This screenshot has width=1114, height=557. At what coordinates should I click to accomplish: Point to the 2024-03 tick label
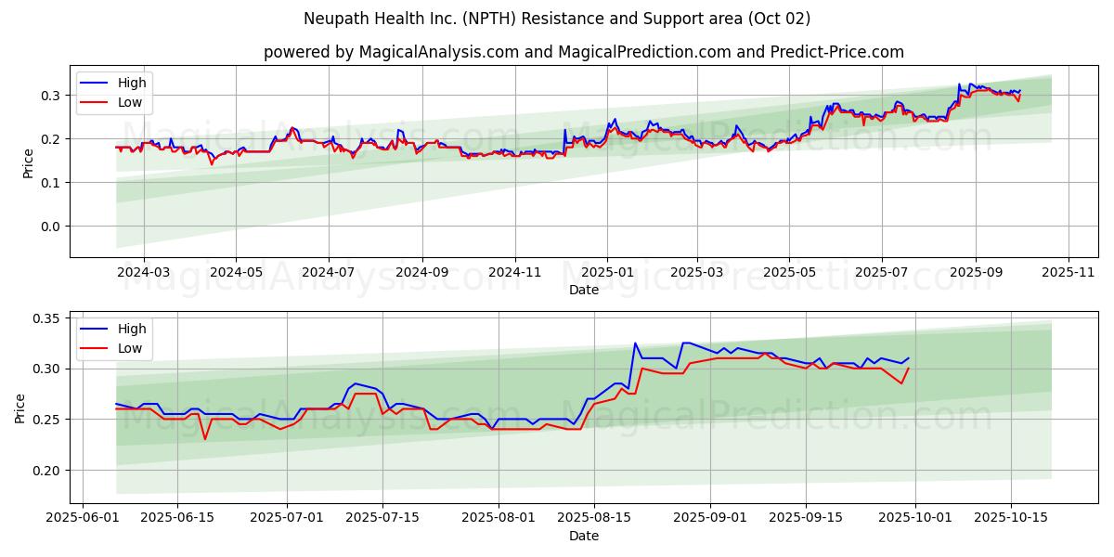(144, 273)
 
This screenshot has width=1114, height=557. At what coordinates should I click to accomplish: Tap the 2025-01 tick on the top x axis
(606, 273)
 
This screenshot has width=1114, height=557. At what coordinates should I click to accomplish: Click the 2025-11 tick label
(1069, 273)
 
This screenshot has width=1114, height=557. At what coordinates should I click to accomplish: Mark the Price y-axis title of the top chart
(29, 163)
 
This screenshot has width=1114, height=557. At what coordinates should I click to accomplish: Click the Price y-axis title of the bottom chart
(19, 408)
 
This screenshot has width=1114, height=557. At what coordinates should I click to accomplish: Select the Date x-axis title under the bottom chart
(584, 536)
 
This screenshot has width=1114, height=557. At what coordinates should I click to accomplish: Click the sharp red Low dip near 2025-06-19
(205, 438)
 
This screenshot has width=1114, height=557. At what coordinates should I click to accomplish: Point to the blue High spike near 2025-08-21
(635, 343)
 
